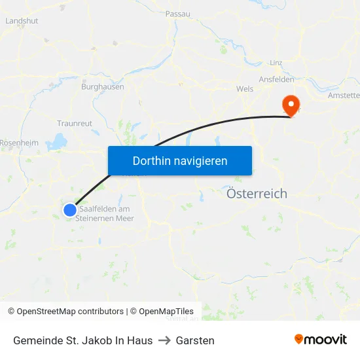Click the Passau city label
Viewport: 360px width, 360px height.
click(x=177, y=13)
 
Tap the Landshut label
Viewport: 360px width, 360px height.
click(x=22, y=20)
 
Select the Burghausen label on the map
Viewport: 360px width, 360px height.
click(x=102, y=86)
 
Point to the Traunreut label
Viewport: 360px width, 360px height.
click(x=75, y=122)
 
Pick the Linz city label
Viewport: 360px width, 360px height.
click(x=276, y=63)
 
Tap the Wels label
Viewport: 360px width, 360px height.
click(x=245, y=88)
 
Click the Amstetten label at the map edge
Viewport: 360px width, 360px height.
click(x=345, y=95)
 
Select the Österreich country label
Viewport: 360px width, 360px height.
click(x=257, y=194)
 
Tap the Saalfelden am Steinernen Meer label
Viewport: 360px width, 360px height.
click(x=105, y=213)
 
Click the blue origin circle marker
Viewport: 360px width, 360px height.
click(x=70, y=209)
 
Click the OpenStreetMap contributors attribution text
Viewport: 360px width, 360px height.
click(x=70, y=312)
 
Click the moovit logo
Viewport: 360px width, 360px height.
click(x=320, y=340)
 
